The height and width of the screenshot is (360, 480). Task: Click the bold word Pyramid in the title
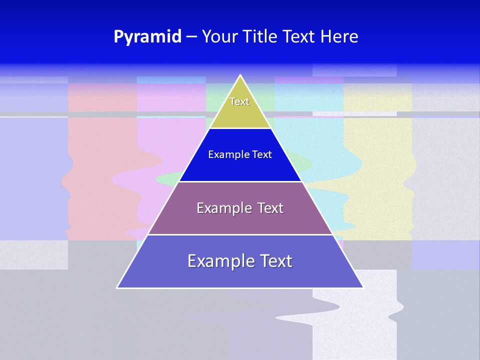click(x=147, y=37)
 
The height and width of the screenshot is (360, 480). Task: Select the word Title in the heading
click(x=259, y=37)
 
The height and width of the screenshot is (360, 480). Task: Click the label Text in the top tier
click(x=239, y=101)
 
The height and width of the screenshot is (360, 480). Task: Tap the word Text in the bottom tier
click(x=274, y=261)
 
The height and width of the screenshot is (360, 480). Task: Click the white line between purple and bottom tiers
click(x=240, y=234)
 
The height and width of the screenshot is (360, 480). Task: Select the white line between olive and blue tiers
click(x=240, y=128)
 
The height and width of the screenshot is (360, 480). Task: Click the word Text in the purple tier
click(x=270, y=208)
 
